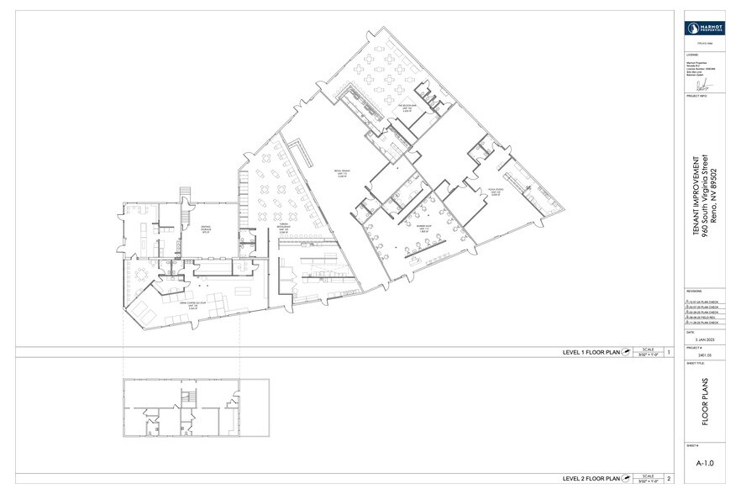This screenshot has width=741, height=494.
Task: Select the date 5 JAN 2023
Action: click(704, 339)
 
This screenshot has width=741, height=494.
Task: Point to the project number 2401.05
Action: click(704, 355)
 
